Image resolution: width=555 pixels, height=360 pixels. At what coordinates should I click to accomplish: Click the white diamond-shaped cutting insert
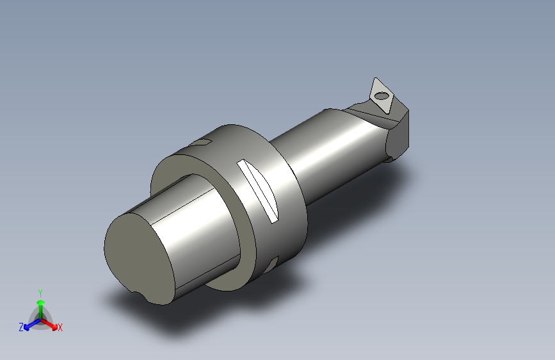tap(381, 95)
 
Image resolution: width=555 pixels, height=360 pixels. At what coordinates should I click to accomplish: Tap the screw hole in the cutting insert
tap(382, 95)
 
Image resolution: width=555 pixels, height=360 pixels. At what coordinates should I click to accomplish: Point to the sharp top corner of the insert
tap(376, 78)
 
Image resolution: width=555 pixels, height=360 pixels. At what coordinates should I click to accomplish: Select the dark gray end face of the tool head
tap(399, 138)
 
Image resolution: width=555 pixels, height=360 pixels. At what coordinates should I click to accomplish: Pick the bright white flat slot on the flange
tap(258, 191)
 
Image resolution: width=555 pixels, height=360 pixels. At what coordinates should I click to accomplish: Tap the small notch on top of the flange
tap(201, 143)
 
